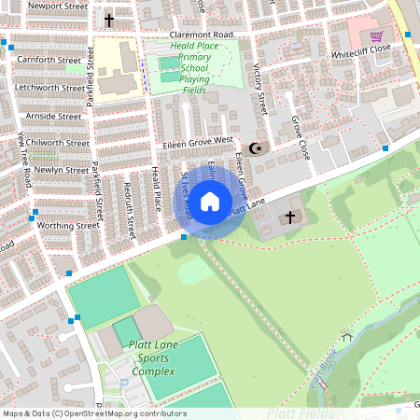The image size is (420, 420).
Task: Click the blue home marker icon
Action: coord(210,202)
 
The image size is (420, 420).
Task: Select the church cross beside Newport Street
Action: coord(108,20)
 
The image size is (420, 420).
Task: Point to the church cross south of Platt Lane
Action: coord(289,218)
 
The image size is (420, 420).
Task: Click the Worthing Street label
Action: coord(67,225)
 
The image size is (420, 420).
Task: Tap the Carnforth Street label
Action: coord(49,60)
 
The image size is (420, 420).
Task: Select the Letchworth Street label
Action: coord(49,88)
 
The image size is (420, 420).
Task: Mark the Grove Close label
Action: coord(299,136)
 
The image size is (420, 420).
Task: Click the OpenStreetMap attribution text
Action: coord(94,413)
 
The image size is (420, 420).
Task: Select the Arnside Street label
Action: coord(54,117)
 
